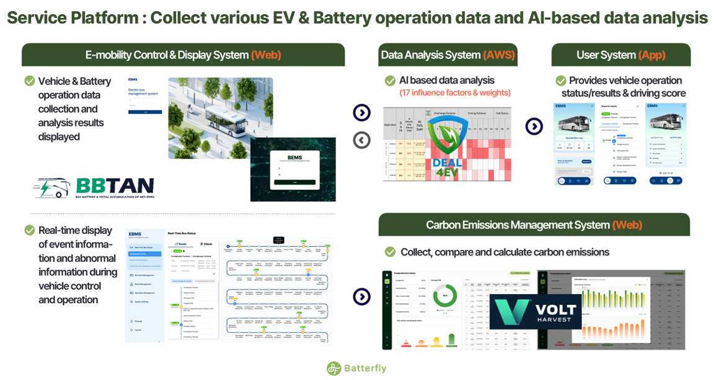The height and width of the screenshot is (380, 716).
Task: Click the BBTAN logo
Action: [93, 187]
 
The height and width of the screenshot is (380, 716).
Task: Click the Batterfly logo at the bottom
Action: [356, 368]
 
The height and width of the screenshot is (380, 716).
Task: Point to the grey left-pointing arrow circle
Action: [361, 140]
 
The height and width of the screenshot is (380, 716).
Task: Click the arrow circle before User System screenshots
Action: [534, 126]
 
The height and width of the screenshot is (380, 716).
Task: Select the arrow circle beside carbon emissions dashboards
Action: [361, 296]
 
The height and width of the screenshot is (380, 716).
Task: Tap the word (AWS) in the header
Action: [499, 55]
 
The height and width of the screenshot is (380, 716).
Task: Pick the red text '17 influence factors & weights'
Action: [455, 93]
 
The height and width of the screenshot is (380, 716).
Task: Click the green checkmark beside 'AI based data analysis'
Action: [390, 80]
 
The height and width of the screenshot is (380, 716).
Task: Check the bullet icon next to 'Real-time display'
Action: [29, 230]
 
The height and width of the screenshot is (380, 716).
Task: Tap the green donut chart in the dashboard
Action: [444, 295]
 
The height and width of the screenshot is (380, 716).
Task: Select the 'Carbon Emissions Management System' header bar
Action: [534, 225]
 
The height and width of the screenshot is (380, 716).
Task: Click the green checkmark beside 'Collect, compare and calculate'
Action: [390, 252]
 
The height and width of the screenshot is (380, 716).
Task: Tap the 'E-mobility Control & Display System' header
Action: [183, 55]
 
